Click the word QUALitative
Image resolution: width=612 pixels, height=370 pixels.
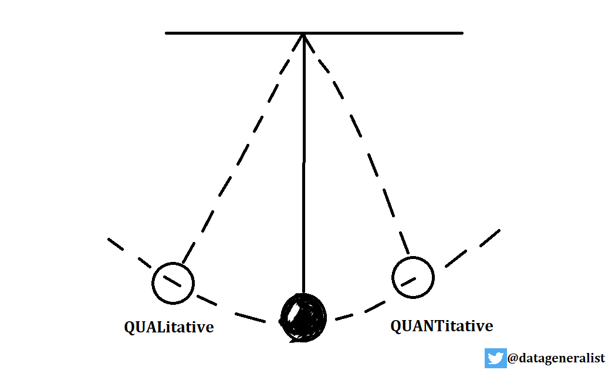(x=168, y=327)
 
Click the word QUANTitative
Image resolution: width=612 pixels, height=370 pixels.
(x=441, y=326)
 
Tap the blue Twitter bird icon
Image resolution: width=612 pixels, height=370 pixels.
(x=495, y=358)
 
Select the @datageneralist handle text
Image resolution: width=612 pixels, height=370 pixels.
(x=556, y=358)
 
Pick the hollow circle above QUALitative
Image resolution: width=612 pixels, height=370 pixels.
(x=173, y=282)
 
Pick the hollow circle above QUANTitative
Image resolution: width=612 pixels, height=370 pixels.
(x=412, y=277)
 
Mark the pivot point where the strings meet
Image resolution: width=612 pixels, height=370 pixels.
(x=303, y=34)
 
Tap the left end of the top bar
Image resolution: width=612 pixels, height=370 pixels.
(x=168, y=33)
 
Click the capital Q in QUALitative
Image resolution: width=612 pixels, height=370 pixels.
(x=130, y=327)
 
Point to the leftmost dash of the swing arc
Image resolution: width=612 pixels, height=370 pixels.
(x=116, y=244)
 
